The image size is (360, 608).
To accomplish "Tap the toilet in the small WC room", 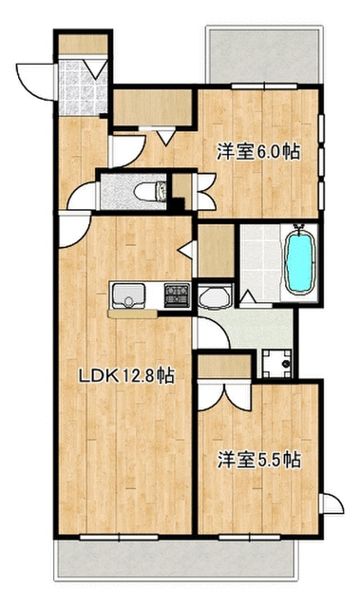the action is point(150,191).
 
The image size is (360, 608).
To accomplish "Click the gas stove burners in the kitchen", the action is point(177,295).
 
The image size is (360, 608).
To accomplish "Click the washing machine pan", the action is point(276,363).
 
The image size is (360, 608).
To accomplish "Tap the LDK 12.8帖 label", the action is point(126,375).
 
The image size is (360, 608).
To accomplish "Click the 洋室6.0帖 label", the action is point(258,152).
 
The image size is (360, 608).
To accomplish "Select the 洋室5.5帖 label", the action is point(259,460).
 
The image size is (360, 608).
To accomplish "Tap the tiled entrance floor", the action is point(82,86).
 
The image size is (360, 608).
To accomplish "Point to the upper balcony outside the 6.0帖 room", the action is point(265,55).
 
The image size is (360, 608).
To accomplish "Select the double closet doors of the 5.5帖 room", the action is point(224,395).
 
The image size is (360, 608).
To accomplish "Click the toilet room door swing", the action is point(83,197).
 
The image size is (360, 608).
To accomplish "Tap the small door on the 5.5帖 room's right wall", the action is point(332,503).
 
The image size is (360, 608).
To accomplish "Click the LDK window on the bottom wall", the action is point(119,538).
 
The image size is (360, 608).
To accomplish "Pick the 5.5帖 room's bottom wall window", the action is point(249,538).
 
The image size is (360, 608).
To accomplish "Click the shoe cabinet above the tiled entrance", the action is point(83,45).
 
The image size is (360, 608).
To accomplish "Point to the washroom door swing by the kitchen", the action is point(213,332).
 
